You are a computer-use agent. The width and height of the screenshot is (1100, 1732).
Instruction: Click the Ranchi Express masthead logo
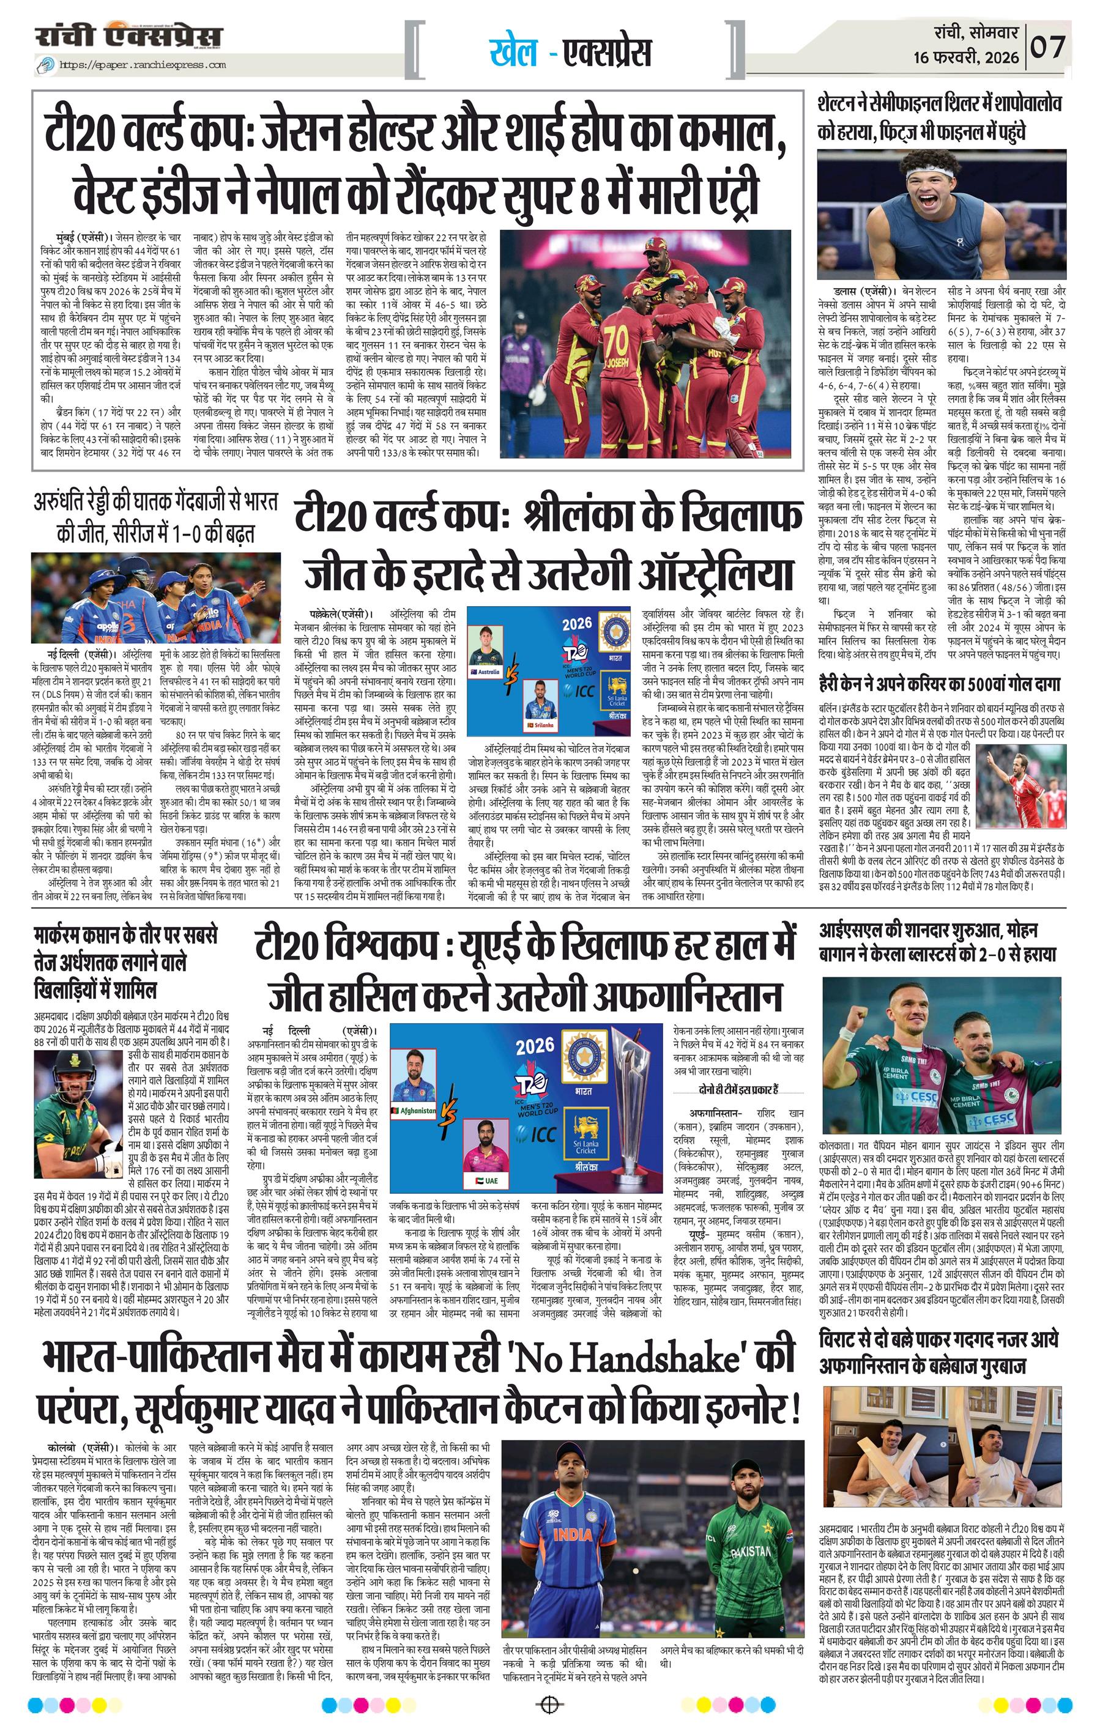click(x=130, y=37)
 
